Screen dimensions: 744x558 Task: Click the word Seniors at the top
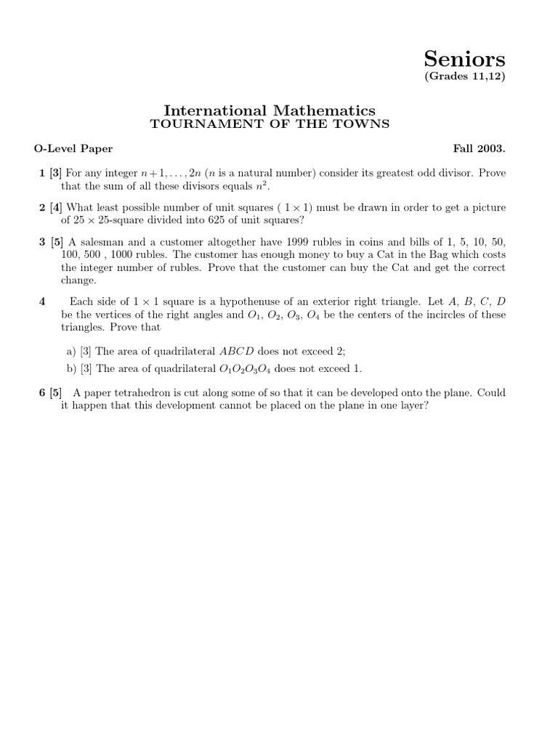click(475, 59)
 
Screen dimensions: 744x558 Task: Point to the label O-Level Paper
click(73, 149)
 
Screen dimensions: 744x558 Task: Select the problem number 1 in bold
click(42, 174)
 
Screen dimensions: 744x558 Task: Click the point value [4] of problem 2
click(56, 208)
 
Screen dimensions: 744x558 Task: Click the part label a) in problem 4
click(72, 350)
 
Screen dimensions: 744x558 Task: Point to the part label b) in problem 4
click(72, 368)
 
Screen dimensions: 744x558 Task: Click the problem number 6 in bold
click(42, 392)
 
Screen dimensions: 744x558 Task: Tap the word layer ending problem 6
click(412, 405)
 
